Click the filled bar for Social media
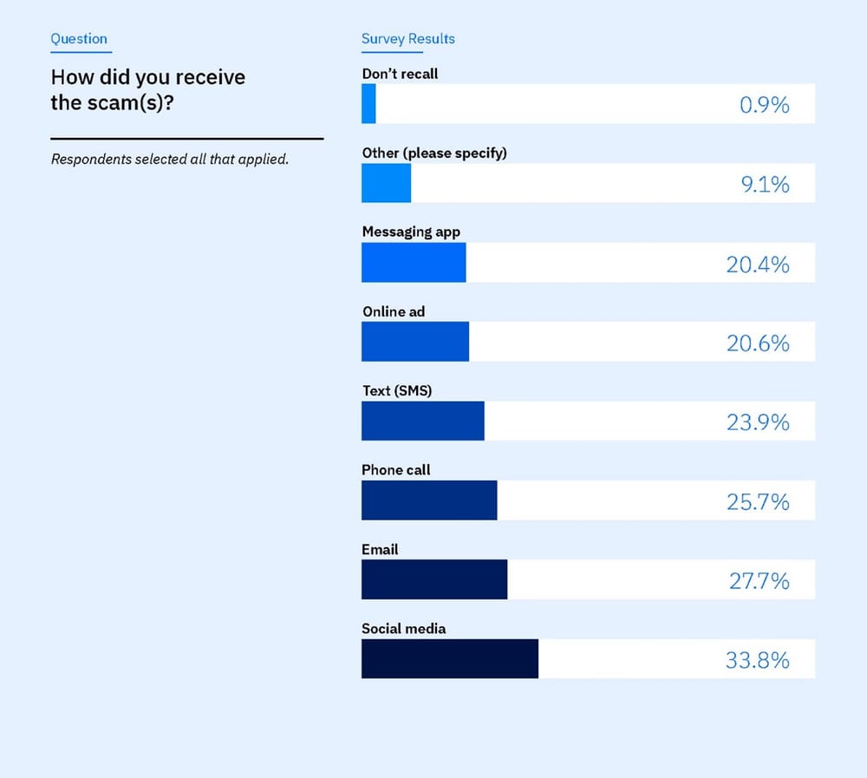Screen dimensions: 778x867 click(x=450, y=658)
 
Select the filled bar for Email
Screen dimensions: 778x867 click(x=434, y=579)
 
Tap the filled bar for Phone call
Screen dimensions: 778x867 click(x=429, y=500)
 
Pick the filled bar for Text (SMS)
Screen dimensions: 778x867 click(x=423, y=421)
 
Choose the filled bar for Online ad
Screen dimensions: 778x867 click(x=415, y=342)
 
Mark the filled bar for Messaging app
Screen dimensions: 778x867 click(x=414, y=262)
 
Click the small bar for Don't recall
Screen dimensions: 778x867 click(x=368, y=103)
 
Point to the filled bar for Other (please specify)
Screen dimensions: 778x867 click(x=386, y=183)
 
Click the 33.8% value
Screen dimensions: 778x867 click(x=757, y=660)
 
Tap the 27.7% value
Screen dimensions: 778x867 click(x=759, y=580)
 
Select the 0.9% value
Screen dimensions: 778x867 click(x=764, y=105)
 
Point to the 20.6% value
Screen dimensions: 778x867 click(x=758, y=343)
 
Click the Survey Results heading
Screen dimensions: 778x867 click(x=407, y=38)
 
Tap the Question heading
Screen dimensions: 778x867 click(x=79, y=38)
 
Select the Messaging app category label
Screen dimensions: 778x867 click(x=411, y=232)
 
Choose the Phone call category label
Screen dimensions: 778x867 click(x=396, y=469)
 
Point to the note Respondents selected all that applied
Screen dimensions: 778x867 click(x=169, y=160)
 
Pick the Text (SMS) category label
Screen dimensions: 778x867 click(x=397, y=390)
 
